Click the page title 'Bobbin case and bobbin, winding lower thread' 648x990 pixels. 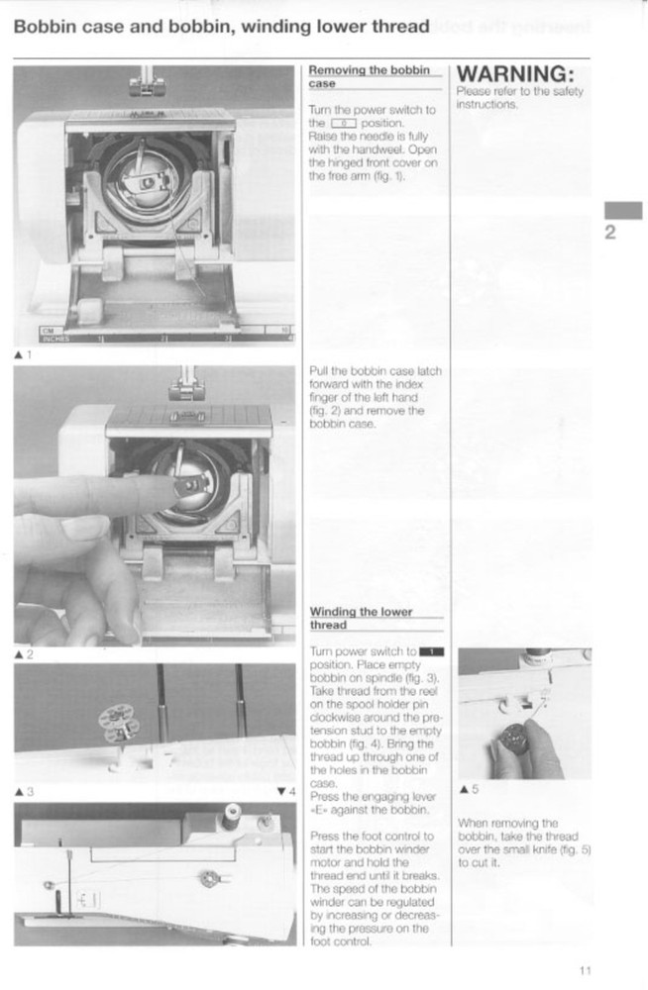pyautogui.click(x=221, y=27)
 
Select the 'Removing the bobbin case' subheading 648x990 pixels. pyautogui.click(x=369, y=76)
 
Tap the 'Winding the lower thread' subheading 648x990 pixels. pyautogui.click(x=361, y=618)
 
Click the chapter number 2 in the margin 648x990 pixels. pyautogui.click(x=611, y=234)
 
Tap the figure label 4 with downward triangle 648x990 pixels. pyautogui.click(x=287, y=790)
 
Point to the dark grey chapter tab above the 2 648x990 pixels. pyautogui.click(x=623, y=210)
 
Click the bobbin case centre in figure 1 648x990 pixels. pyautogui.click(x=147, y=182)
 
